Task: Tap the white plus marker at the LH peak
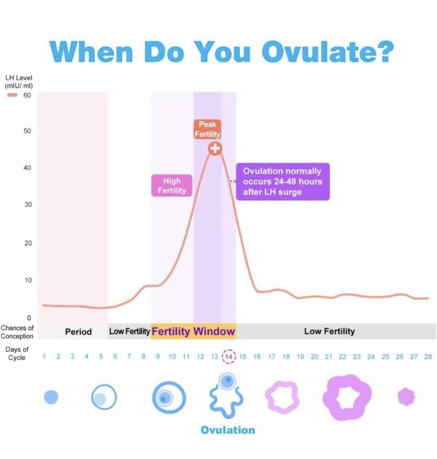pyautogui.click(x=215, y=148)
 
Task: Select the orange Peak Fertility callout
pyautogui.click(x=207, y=129)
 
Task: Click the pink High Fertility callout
pyautogui.click(x=172, y=185)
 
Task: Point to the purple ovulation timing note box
pyautogui.click(x=283, y=181)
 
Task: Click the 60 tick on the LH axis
pyautogui.click(x=27, y=95)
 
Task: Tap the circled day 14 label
pyautogui.click(x=229, y=357)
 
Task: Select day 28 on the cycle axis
pyautogui.click(x=428, y=357)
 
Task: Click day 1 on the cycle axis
pyautogui.click(x=44, y=357)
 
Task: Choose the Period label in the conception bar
pyautogui.click(x=78, y=331)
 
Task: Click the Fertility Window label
pyautogui.click(x=193, y=331)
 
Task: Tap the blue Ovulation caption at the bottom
pyautogui.click(x=228, y=430)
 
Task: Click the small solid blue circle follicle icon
pyautogui.click(x=51, y=397)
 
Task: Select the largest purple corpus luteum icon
pyautogui.click(x=347, y=397)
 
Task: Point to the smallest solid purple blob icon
pyautogui.click(x=406, y=397)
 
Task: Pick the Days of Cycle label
pyautogui.click(x=17, y=353)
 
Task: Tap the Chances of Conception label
pyautogui.click(x=17, y=332)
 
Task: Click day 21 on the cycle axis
pyautogui.click(x=328, y=357)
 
